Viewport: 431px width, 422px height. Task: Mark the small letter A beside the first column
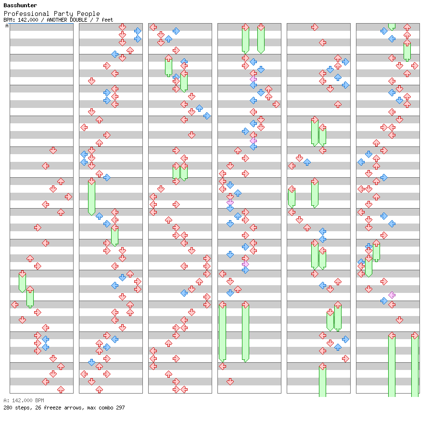coord(7,26)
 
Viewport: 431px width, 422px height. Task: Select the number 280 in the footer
coord(8,408)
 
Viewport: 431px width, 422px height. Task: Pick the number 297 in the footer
coord(120,408)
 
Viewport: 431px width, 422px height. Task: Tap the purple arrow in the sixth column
coord(392,295)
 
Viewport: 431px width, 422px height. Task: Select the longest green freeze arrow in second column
coord(91,197)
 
